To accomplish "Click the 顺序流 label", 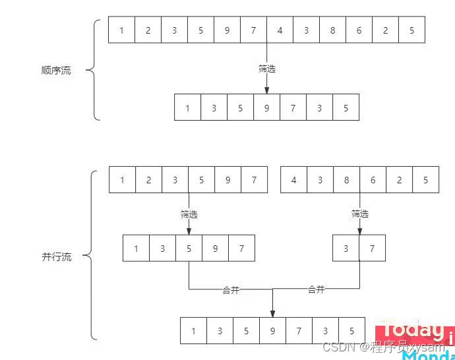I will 56,71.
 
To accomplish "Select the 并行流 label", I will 56,257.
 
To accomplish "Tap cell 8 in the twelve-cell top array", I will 333,30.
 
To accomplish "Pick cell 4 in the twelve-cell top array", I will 280,30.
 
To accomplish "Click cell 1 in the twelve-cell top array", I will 122,30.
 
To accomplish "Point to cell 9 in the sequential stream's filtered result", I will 267,107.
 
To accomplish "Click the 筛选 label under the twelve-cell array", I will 267,68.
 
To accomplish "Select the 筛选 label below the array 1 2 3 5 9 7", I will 189,214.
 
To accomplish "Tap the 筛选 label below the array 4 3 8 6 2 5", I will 360,214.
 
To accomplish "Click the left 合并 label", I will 231,290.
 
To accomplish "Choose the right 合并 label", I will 317,289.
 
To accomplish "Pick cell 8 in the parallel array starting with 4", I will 347,179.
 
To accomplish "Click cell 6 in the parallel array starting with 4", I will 373,179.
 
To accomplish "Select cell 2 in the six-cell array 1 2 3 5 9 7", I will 149,179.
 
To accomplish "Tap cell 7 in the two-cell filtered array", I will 373,249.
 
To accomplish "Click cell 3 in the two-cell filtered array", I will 346,249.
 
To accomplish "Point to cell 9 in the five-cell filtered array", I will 216,249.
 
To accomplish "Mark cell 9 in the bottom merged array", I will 272,331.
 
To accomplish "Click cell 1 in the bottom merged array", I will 193,331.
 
